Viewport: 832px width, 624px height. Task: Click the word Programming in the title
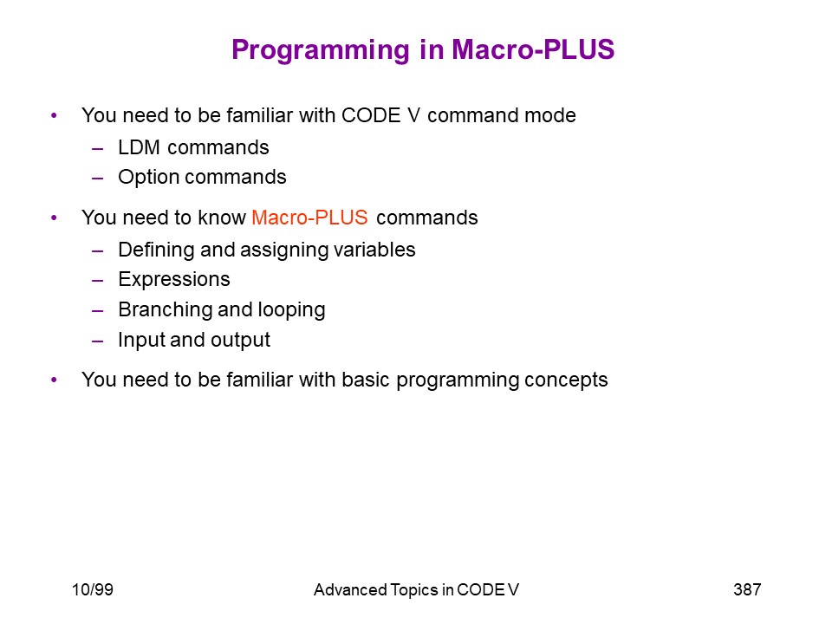[x=321, y=51]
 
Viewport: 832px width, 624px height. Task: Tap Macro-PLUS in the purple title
[x=533, y=49]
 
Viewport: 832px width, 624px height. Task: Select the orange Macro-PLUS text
[x=309, y=218]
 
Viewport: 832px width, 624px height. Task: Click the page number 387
[x=747, y=589]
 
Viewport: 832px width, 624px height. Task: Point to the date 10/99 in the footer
[x=93, y=589]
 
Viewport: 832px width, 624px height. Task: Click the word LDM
[x=139, y=147]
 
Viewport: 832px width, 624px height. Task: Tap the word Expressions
[x=174, y=280]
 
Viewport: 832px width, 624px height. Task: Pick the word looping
[x=292, y=310]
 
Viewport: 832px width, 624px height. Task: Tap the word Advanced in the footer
[x=350, y=589]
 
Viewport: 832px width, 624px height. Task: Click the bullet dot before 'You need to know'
[x=54, y=218]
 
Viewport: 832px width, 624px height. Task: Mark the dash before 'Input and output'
[x=98, y=341]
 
